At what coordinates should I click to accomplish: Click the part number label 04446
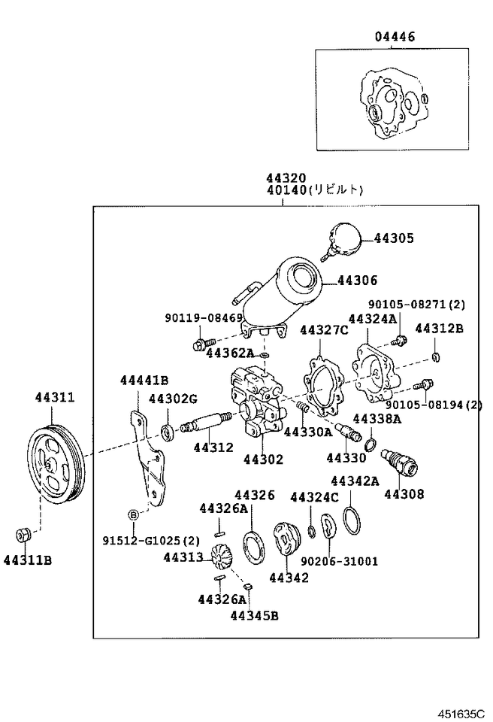pyautogui.click(x=395, y=36)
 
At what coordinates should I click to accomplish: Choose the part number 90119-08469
pyautogui.click(x=204, y=318)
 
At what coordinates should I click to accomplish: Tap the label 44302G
pyautogui.click(x=172, y=399)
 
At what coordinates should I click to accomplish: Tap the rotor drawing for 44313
pyautogui.click(x=223, y=557)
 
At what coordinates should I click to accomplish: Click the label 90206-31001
pyautogui.click(x=340, y=561)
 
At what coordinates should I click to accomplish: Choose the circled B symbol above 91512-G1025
pyautogui.click(x=133, y=515)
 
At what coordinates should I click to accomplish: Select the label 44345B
pyautogui.click(x=254, y=616)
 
